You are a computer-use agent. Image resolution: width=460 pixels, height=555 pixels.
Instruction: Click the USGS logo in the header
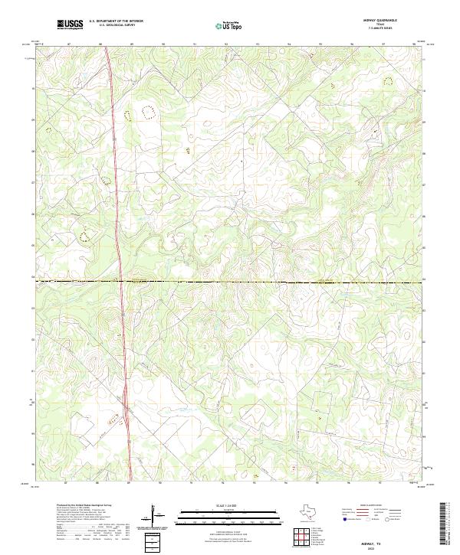[70, 25]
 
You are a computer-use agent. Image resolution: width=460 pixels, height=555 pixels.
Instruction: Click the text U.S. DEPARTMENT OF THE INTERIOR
[116, 21]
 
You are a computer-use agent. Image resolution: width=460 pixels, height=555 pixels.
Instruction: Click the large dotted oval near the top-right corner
[387, 80]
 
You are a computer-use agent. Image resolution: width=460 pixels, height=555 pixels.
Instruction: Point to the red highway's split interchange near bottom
[124, 419]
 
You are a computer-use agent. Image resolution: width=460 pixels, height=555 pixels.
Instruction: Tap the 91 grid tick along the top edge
[194, 44]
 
